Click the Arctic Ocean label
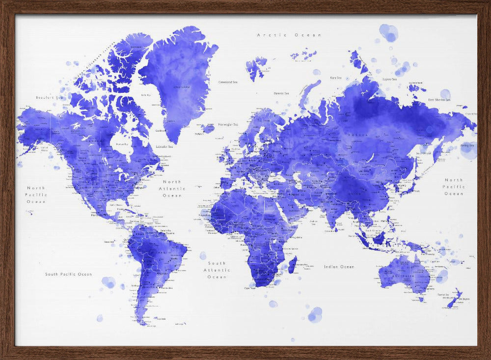point(290,35)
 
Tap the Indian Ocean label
point(339,267)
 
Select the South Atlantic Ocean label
point(217,270)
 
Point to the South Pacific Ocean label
point(68,274)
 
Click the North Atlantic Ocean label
point(172,189)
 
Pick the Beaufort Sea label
point(49,97)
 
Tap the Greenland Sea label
point(228,82)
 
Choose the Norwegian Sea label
point(228,124)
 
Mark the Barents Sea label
point(281,93)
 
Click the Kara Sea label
point(336,78)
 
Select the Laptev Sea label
point(389,79)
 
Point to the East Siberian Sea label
point(439,100)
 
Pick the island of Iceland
point(207,129)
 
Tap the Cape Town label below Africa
point(250,288)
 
